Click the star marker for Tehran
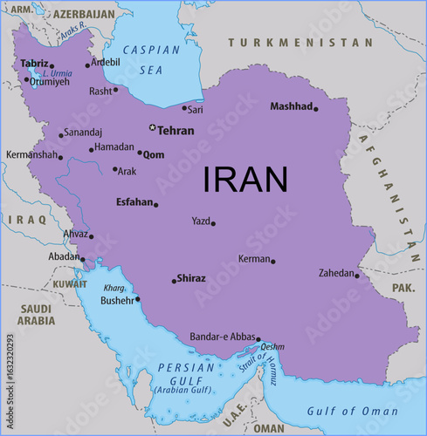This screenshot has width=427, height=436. click(153, 128)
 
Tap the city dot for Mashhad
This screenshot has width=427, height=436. click(316, 109)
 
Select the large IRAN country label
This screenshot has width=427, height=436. click(245, 179)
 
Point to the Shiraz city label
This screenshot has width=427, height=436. click(191, 278)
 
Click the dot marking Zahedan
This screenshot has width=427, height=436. click(356, 276)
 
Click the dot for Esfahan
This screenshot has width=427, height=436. click(156, 205)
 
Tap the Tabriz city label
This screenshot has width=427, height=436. click(34, 64)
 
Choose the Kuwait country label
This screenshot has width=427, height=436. click(69, 284)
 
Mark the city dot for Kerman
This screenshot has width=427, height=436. click(272, 261)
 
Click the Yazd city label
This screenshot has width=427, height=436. click(201, 221)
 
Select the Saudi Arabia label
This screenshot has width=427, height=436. click(37, 314)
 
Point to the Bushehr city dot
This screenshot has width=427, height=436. click(137, 299)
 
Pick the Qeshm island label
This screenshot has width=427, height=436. click(272, 346)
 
